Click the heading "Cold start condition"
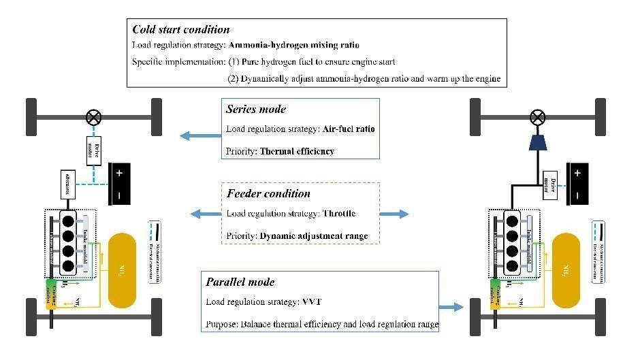pyautogui.click(x=180, y=29)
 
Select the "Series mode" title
pyautogui.click(x=257, y=109)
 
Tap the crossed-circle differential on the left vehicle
pyautogui.click(x=93, y=118)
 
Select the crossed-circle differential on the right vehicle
pyautogui.click(x=537, y=118)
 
